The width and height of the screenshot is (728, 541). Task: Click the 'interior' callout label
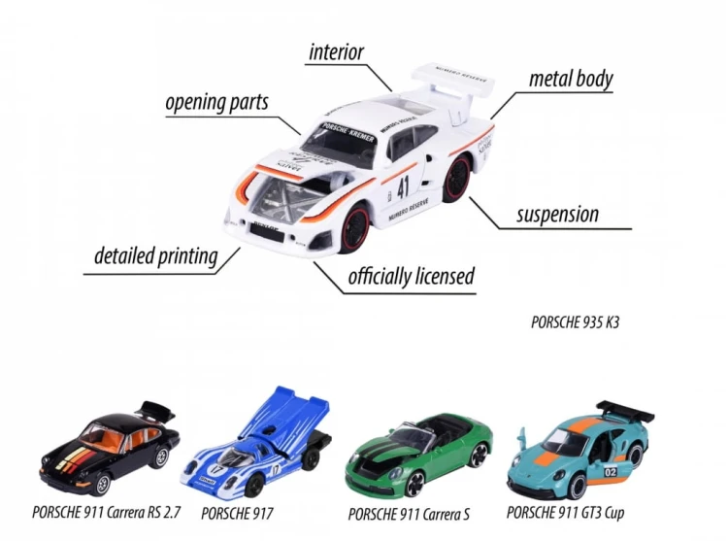[x=336, y=52]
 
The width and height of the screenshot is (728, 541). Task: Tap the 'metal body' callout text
[x=571, y=79]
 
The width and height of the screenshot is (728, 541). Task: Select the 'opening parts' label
[x=216, y=103]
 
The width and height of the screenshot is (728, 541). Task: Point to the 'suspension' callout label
[x=557, y=215]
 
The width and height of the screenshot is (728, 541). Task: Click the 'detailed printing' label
[x=156, y=256]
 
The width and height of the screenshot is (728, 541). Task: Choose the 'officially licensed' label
[x=412, y=276]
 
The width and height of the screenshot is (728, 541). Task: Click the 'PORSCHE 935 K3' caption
[x=575, y=322]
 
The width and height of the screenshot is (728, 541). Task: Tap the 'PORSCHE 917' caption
[x=237, y=513]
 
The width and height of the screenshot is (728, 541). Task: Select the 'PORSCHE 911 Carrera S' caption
[x=409, y=514]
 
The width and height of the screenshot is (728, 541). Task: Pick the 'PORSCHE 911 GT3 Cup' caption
[x=565, y=513]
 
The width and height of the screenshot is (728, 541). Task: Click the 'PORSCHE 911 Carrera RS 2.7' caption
[x=106, y=512]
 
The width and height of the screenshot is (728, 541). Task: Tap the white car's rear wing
[x=452, y=85]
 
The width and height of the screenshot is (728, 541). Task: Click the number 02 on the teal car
[x=611, y=472]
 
